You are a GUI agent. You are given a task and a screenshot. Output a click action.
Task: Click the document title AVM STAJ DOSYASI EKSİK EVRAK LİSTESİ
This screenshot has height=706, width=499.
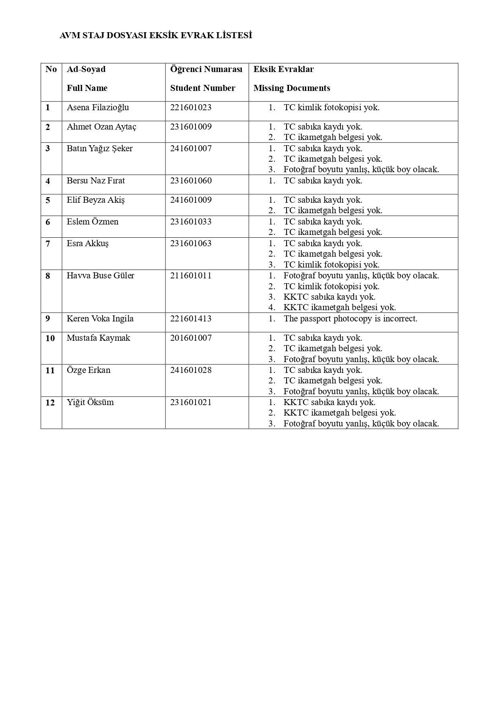pyautogui.click(x=155, y=36)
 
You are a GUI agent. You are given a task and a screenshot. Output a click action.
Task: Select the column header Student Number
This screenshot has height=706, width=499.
pyautogui.click(x=202, y=88)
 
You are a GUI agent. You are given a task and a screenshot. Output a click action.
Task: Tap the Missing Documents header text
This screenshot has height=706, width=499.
pyautogui.click(x=292, y=88)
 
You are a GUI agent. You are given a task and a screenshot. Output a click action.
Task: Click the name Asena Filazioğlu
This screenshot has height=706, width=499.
pyautogui.click(x=98, y=107)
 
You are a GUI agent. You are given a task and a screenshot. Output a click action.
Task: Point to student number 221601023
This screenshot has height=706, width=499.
pyautogui.click(x=191, y=107)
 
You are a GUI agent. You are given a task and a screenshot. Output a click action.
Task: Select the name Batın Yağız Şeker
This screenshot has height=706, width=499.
pyautogui.click(x=99, y=148)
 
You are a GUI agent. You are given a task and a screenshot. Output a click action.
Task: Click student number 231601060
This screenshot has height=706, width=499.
pyautogui.click(x=191, y=181)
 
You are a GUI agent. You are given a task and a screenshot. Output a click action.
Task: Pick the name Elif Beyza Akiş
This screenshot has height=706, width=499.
pyautogui.click(x=96, y=200)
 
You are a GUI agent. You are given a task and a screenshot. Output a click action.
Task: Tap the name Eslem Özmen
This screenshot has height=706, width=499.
pyautogui.click(x=93, y=222)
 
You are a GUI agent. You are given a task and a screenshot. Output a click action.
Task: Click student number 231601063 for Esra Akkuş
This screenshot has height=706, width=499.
pyautogui.click(x=191, y=243)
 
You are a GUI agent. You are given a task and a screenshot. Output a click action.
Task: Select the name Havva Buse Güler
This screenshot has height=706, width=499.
pyautogui.click(x=101, y=276)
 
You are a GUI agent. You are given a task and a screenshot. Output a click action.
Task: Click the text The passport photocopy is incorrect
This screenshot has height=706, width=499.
pyautogui.click(x=350, y=319)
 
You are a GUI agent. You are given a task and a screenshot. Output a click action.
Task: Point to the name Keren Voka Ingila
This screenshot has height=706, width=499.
pyautogui.click(x=100, y=319)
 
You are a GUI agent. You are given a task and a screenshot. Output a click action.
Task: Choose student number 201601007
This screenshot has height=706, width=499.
pyautogui.click(x=191, y=338)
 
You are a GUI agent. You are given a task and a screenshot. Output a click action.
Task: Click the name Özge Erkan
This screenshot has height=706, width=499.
pyautogui.click(x=89, y=370)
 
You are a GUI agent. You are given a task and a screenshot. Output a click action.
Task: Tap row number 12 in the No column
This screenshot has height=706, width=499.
pyautogui.click(x=50, y=402)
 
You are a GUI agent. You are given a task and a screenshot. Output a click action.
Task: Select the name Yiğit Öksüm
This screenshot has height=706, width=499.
pyautogui.click(x=90, y=402)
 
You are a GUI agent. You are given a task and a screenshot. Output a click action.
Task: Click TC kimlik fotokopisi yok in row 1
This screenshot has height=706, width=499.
pyautogui.click(x=331, y=107)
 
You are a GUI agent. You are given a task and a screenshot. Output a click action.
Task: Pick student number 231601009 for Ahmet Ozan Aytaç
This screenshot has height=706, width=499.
pyautogui.click(x=191, y=127)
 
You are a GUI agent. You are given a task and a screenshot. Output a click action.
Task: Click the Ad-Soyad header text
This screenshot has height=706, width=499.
pyautogui.click(x=86, y=69)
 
